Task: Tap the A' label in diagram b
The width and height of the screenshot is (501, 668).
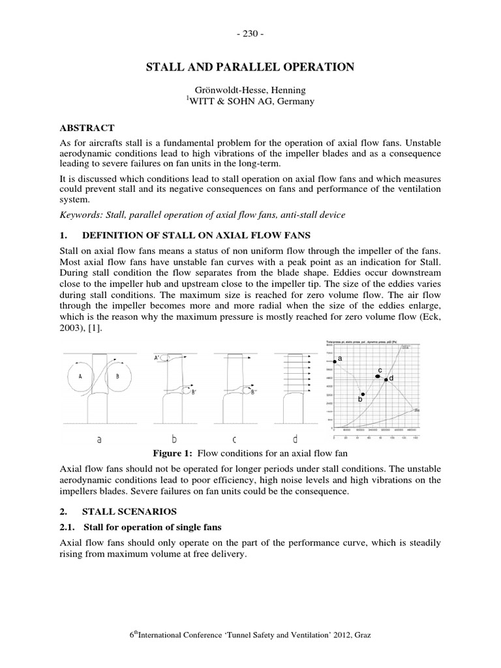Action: click(157, 357)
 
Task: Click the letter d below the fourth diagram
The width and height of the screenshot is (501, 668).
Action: click(297, 439)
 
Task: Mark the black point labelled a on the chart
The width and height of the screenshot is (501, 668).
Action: click(334, 361)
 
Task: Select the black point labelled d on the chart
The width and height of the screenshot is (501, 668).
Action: click(386, 379)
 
